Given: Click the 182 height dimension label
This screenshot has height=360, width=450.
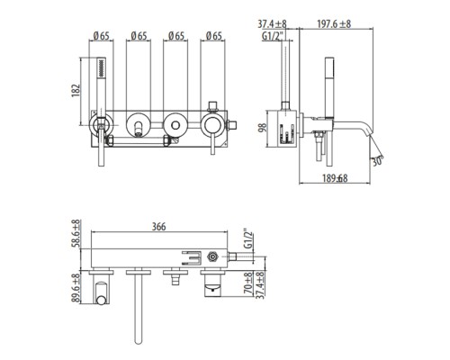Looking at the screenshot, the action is (x=76, y=90).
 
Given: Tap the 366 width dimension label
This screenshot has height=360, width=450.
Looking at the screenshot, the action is (x=158, y=227).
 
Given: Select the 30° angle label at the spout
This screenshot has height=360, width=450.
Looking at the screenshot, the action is (x=378, y=161).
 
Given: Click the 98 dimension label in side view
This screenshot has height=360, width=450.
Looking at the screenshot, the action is (x=263, y=128).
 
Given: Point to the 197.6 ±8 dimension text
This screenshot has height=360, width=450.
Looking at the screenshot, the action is (x=334, y=23).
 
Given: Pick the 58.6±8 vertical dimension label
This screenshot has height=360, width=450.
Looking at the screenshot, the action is (x=76, y=233).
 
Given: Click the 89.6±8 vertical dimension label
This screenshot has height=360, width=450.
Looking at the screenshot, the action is (x=76, y=288).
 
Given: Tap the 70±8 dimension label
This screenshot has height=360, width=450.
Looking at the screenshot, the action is (x=248, y=283).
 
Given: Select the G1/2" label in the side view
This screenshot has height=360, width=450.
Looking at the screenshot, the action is (x=273, y=36).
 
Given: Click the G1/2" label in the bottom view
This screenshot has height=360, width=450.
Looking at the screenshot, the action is (x=248, y=239).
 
